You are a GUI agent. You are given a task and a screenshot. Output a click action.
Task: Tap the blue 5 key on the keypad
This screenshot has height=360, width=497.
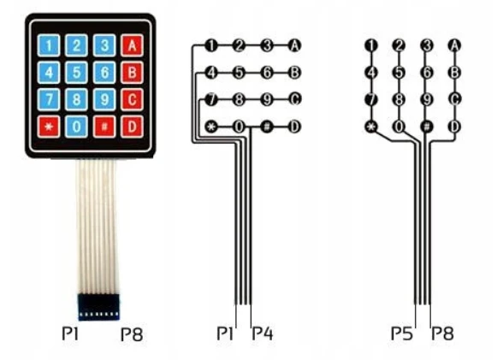(x=76, y=73)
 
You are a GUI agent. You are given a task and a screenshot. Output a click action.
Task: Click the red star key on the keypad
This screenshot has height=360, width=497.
(x=49, y=127)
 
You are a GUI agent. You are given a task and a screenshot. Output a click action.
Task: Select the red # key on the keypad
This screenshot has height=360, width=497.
(x=104, y=127)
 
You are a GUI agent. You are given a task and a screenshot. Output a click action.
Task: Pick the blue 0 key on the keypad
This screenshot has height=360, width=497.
(x=76, y=127)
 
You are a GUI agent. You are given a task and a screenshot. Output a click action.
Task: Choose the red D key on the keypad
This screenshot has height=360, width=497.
(x=132, y=127)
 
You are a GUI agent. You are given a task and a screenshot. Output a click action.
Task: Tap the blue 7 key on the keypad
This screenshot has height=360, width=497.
(x=49, y=99)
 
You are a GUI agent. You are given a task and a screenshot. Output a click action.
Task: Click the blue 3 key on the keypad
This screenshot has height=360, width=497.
(x=104, y=45)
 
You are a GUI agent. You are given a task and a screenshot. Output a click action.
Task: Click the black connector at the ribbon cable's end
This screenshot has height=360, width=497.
(x=98, y=306)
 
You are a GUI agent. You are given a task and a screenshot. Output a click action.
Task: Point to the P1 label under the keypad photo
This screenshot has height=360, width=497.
(x=70, y=333)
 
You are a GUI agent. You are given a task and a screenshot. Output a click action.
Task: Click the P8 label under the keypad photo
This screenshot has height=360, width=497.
(x=132, y=334)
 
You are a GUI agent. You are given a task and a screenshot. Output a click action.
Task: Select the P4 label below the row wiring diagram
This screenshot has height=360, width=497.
(x=263, y=333)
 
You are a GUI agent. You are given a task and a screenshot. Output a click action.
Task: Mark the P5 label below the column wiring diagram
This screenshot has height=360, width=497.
(x=402, y=333)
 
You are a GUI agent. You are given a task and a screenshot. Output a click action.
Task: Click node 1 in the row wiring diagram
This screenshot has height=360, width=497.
(x=211, y=45)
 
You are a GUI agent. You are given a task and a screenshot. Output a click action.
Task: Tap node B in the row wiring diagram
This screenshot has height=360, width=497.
(x=294, y=73)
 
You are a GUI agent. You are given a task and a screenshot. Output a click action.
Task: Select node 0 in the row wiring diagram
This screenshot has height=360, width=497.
(x=239, y=127)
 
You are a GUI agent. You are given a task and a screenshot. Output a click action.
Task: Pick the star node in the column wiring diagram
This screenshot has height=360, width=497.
(x=371, y=127)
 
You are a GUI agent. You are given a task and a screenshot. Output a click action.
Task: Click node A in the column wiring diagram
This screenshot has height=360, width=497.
(x=454, y=45)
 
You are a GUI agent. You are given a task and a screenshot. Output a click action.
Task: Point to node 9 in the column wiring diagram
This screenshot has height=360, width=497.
(x=427, y=99)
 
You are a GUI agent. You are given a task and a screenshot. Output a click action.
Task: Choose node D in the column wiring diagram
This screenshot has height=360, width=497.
(x=454, y=127)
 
